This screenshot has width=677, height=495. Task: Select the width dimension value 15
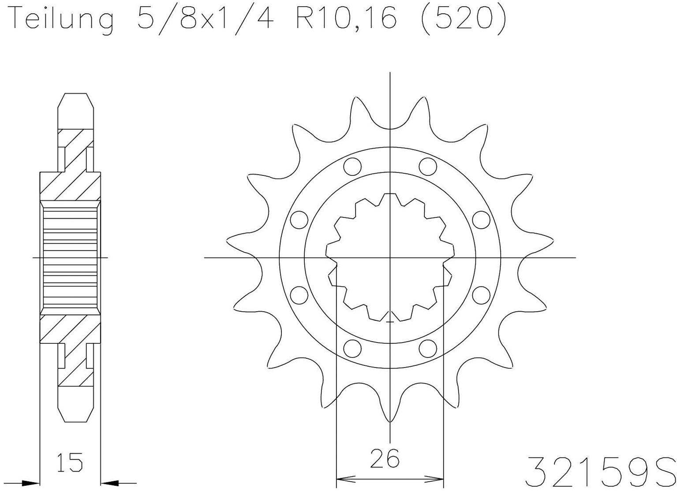coord(70,462)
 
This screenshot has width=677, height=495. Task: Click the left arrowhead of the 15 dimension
coord(31,484)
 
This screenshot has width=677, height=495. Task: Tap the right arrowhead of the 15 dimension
coord(110,484)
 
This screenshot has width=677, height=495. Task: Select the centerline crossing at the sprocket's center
coord(390,257)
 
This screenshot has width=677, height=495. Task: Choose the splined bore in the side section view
coord(70,257)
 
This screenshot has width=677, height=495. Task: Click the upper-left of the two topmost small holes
coord(352,167)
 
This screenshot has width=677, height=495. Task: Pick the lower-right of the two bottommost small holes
coord(427,348)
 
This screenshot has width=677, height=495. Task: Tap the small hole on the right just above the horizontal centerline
coord(481,219)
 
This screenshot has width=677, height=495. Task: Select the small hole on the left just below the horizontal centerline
coord(299,295)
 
